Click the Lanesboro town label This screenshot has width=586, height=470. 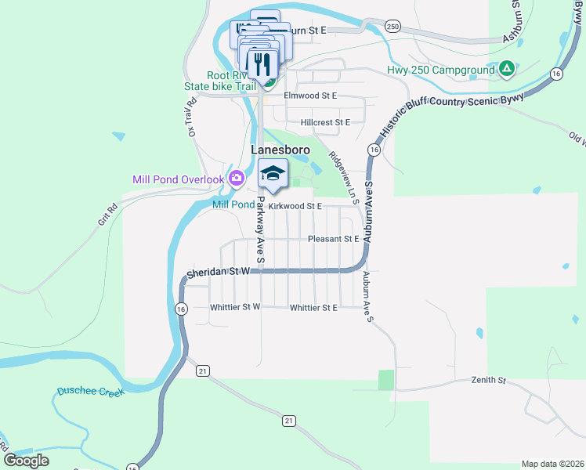point(280,149)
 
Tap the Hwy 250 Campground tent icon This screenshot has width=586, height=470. point(507,70)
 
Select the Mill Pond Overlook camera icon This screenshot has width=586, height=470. point(236,179)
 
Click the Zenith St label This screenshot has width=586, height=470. point(489,381)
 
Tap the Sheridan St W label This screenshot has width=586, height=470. point(217,271)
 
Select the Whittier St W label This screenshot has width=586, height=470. point(235,307)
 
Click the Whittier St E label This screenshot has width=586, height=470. point(313,308)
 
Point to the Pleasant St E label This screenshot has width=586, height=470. point(333,239)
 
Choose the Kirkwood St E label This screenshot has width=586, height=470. point(295,206)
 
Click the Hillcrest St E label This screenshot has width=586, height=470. point(325,122)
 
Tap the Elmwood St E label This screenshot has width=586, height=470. point(309,96)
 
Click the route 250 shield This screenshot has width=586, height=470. point(392,27)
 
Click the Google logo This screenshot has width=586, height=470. point(26,461)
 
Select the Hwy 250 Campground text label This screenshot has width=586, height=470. point(442,70)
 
